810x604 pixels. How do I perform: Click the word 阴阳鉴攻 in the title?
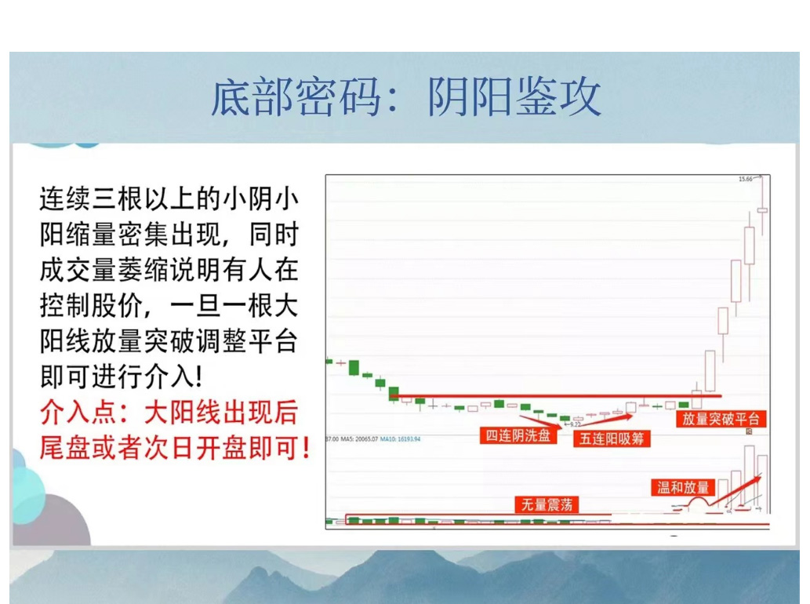coord(514,98)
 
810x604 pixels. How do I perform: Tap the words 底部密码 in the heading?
coord(297,98)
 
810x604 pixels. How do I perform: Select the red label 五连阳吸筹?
coord(612,438)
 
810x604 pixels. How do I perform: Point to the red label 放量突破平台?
coord(721,419)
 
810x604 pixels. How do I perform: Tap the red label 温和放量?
coord(682,487)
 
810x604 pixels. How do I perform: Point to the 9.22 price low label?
coord(575,424)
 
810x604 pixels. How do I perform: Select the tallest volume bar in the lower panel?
coord(750,478)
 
